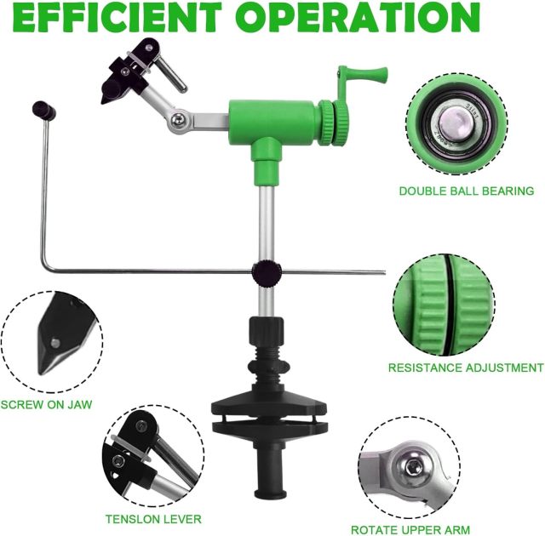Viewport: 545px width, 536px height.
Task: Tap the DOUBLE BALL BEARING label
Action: [466, 191]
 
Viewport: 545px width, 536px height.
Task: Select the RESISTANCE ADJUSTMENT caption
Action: [465, 368]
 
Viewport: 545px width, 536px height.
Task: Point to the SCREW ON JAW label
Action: [46, 404]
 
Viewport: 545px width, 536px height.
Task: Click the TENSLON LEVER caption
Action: [152, 518]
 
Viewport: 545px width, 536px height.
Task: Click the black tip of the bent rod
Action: [40, 108]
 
